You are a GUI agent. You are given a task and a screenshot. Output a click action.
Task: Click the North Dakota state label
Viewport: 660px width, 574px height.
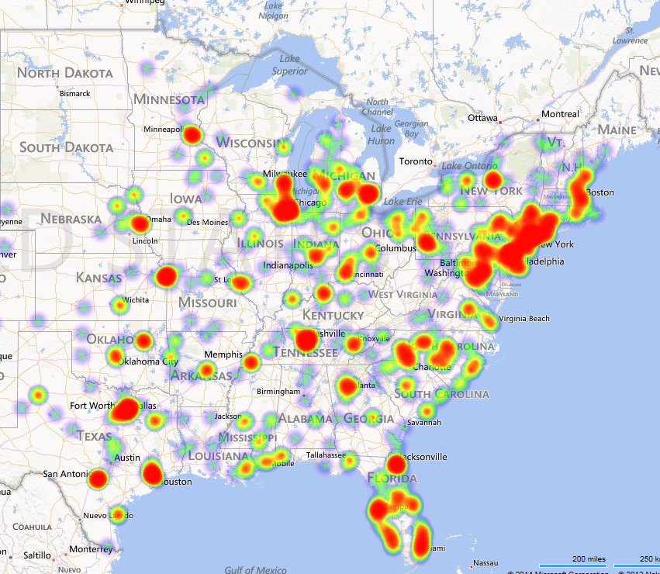(65, 74)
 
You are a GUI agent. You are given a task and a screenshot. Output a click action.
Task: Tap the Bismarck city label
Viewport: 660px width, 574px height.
(74, 94)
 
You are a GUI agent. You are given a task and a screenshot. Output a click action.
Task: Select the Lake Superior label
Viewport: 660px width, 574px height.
(290, 65)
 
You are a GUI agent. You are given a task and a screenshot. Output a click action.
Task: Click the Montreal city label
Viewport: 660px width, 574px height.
(560, 114)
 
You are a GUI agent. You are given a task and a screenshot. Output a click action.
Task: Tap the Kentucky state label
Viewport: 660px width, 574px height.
(333, 315)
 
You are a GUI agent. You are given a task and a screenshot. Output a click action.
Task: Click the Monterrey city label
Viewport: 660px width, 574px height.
(90, 549)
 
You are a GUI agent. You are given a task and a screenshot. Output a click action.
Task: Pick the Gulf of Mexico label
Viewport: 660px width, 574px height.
(255, 570)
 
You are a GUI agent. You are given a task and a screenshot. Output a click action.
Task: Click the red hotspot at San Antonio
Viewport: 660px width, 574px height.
(98, 479)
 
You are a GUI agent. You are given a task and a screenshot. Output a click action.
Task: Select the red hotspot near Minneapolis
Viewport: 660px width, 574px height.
(192, 136)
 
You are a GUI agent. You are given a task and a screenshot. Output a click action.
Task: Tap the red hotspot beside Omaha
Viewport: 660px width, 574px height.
(140, 225)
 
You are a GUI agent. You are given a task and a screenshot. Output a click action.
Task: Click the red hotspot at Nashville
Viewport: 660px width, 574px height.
(307, 340)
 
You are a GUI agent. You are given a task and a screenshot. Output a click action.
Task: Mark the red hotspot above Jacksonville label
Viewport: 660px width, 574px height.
(396, 465)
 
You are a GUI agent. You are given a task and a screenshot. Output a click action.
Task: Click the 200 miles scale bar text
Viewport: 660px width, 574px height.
(589, 558)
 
